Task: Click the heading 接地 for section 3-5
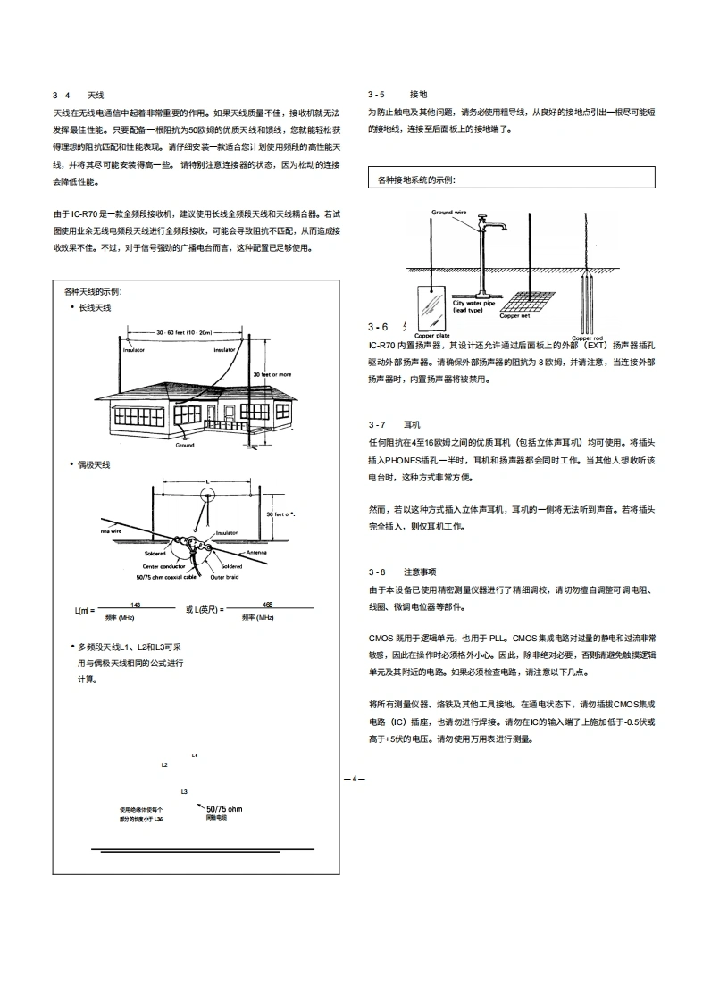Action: click(418, 94)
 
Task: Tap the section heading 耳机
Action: click(412, 424)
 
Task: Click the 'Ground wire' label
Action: click(449, 213)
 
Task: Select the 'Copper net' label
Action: click(514, 315)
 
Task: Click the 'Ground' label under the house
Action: click(184, 444)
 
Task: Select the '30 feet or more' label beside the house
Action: click(272, 374)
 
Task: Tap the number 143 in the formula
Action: click(136, 605)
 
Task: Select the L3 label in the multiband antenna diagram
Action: click(184, 791)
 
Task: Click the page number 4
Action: click(354, 779)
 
